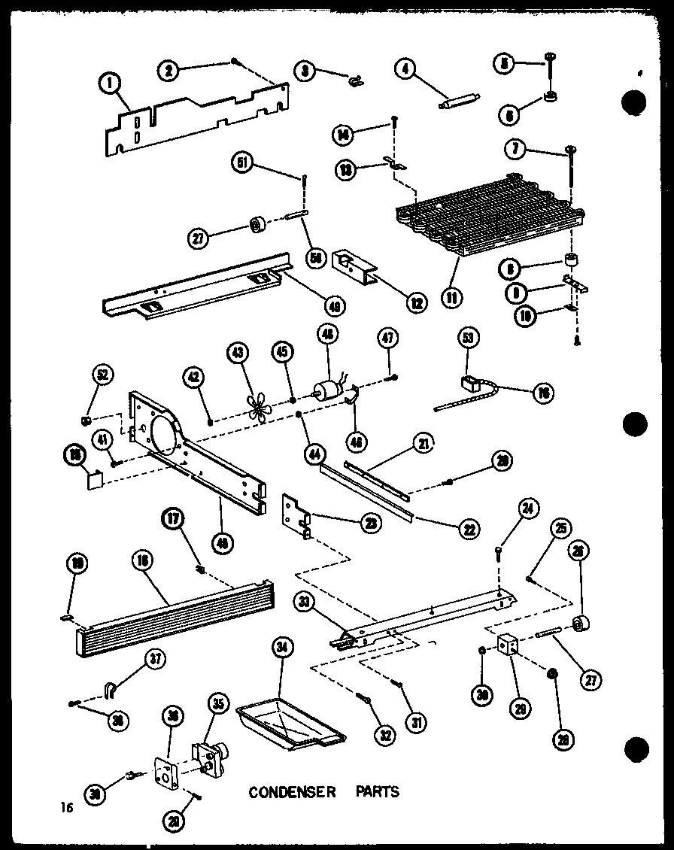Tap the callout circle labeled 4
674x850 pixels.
point(405,71)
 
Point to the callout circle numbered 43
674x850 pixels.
point(238,353)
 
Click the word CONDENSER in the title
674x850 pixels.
point(292,791)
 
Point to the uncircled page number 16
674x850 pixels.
point(68,808)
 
